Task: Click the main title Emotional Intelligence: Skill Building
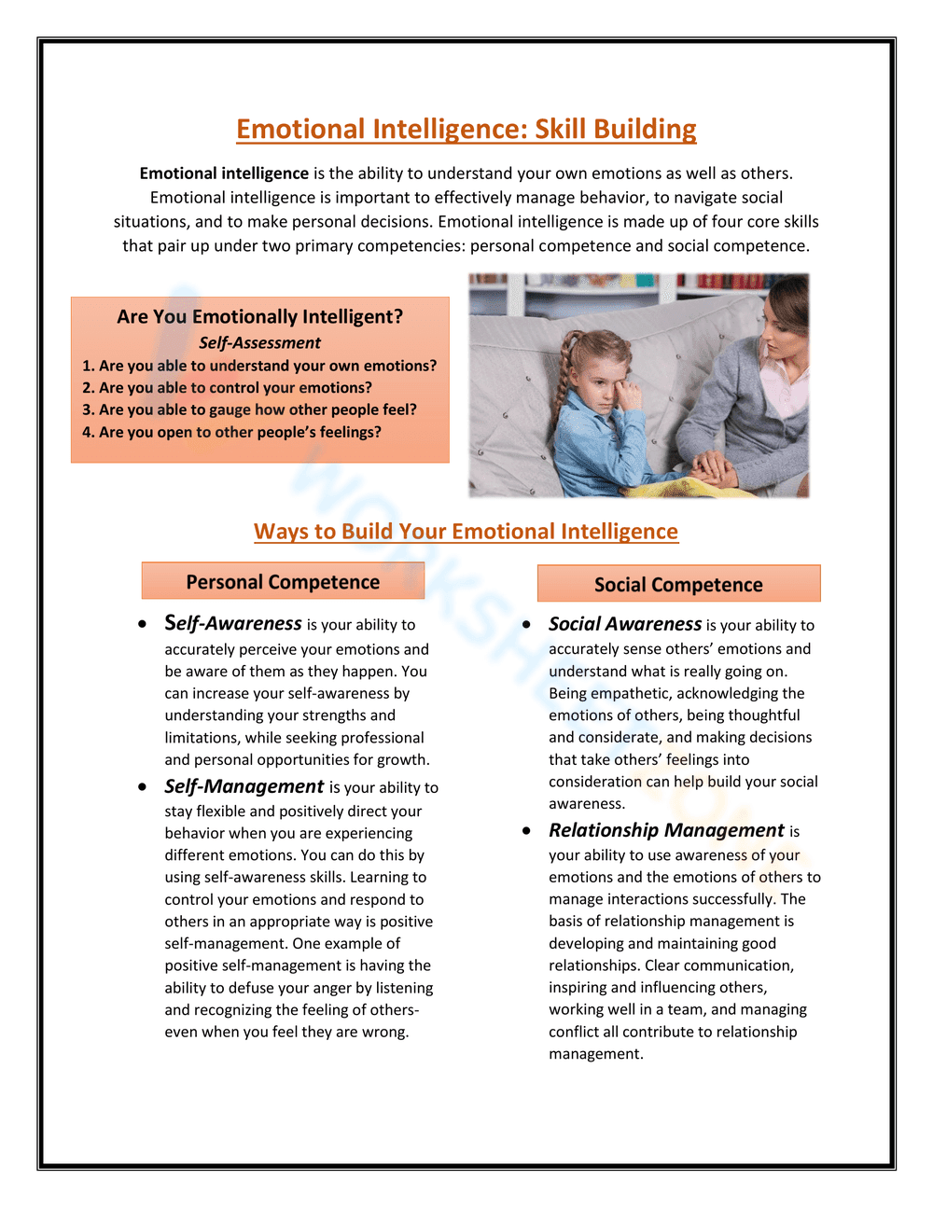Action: [x=466, y=129]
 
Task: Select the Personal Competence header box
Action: [x=283, y=581]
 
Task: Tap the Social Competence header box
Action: [x=678, y=584]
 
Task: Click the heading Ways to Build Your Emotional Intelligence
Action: [x=466, y=531]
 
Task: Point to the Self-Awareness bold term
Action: [x=233, y=623]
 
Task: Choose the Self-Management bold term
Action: [x=244, y=786]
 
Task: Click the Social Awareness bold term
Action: [x=624, y=624]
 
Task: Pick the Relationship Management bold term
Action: [x=666, y=830]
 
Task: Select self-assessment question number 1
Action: [x=259, y=366]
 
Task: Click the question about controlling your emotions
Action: [x=227, y=387]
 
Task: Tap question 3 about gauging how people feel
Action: [x=249, y=409]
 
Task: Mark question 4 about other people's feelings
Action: [x=231, y=432]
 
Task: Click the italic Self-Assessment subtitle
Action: [x=259, y=342]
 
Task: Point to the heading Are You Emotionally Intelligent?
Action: [x=259, y=316]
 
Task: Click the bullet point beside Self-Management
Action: [x=142, y=787]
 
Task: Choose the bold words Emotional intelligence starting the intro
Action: [x=224, y=173]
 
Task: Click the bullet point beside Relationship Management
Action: [x=527, y=830]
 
